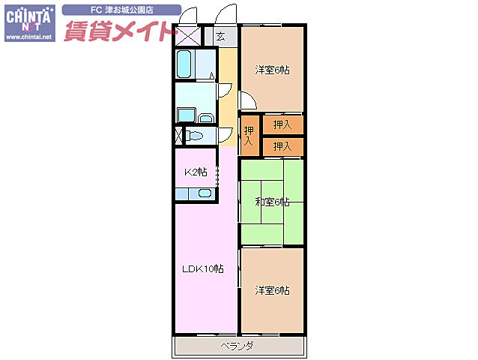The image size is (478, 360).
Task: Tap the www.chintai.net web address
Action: pos(29,37)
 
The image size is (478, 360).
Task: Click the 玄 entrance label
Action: pos(221,36)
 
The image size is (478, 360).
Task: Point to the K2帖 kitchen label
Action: pos(196,172)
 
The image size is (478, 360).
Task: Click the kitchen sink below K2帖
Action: pos(204,193)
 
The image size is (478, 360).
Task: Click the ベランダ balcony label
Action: pos(238,346)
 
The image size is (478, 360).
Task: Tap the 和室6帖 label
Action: pos(271,201)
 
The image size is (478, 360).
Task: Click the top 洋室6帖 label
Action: pos(272,70)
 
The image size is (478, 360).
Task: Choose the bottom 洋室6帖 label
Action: pos(272,290)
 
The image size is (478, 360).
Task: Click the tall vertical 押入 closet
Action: pos(249,136)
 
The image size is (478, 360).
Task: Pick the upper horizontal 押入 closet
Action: pos(282,124)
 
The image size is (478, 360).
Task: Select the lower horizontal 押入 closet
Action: pos(282,145)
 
